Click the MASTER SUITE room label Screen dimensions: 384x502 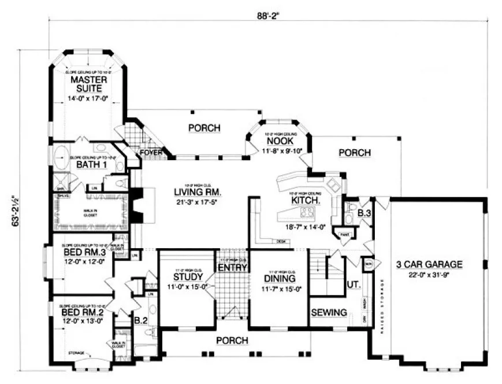point(86,84)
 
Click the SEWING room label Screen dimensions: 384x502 point(329,312)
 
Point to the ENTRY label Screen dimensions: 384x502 point(232,267)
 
